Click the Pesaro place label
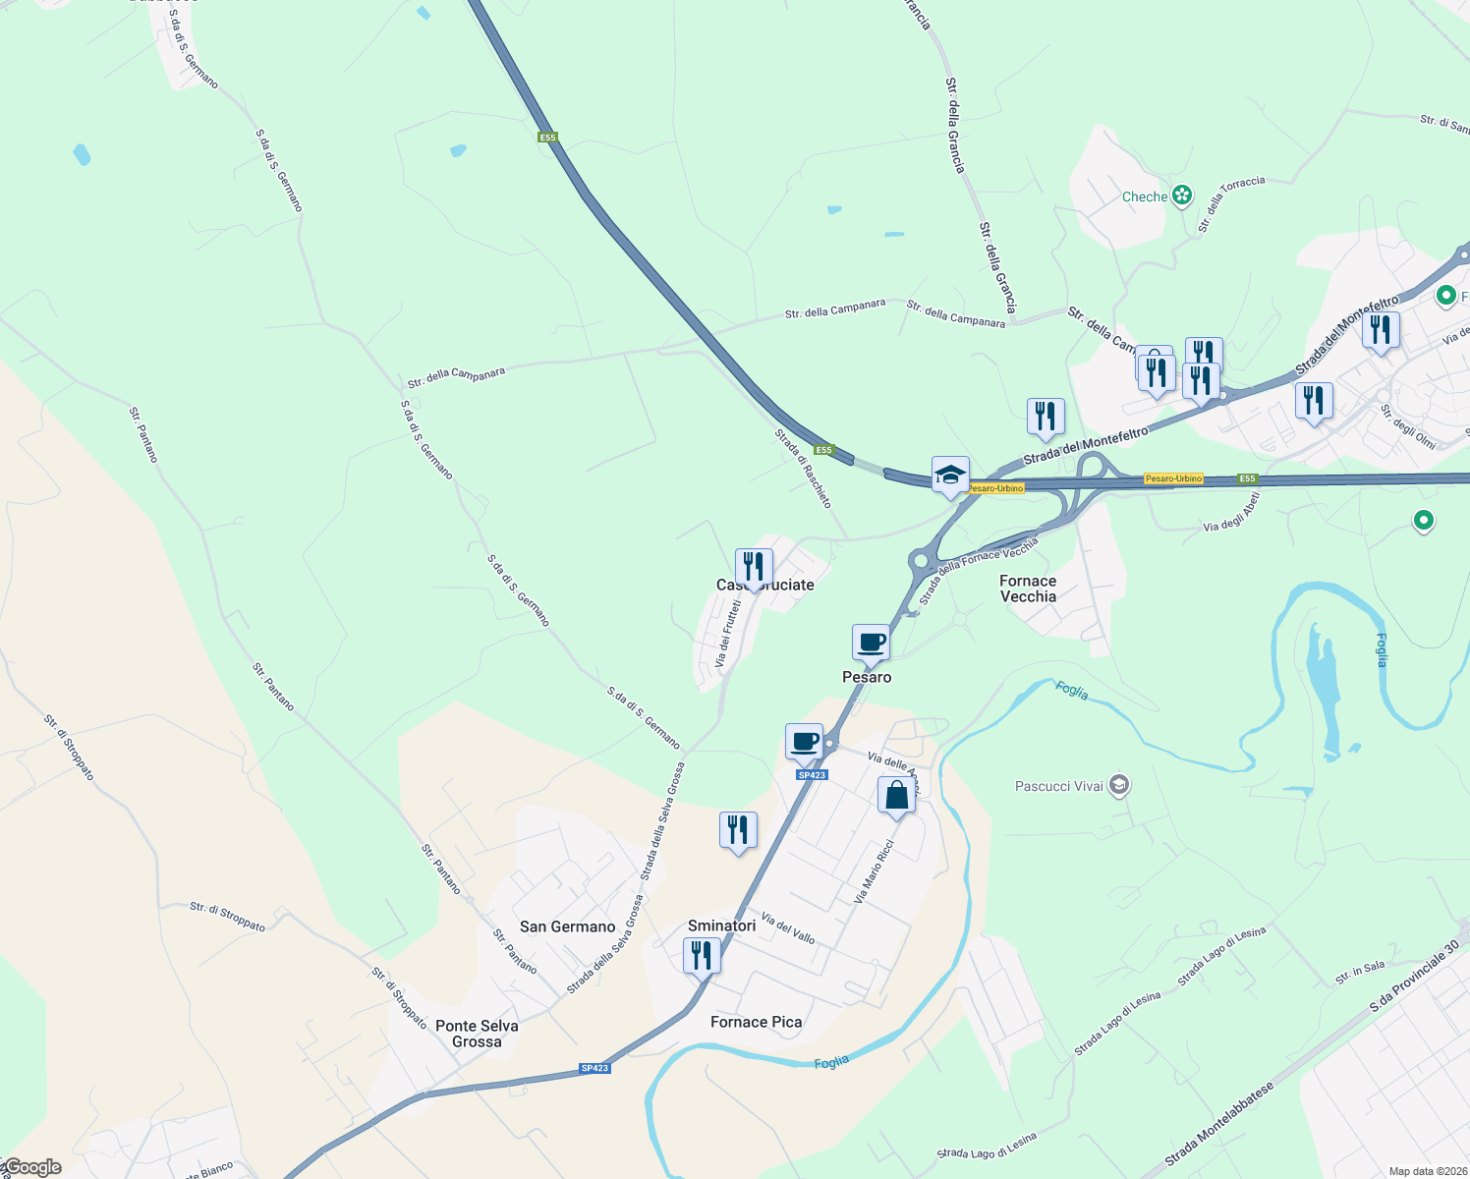867,677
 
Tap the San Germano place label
567,926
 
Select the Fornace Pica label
756,1022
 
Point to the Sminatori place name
721,926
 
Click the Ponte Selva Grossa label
477,1034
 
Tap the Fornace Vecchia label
1028,589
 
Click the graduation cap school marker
950,476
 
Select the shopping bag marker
896,795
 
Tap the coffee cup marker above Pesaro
871,643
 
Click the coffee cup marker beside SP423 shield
804,742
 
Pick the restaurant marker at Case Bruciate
754,567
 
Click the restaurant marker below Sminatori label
702,955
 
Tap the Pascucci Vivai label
1058,786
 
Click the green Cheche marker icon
1182,196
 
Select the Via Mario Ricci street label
874,871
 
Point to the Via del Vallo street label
788,928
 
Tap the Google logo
31,1167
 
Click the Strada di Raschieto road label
803,469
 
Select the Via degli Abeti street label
1230,513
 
